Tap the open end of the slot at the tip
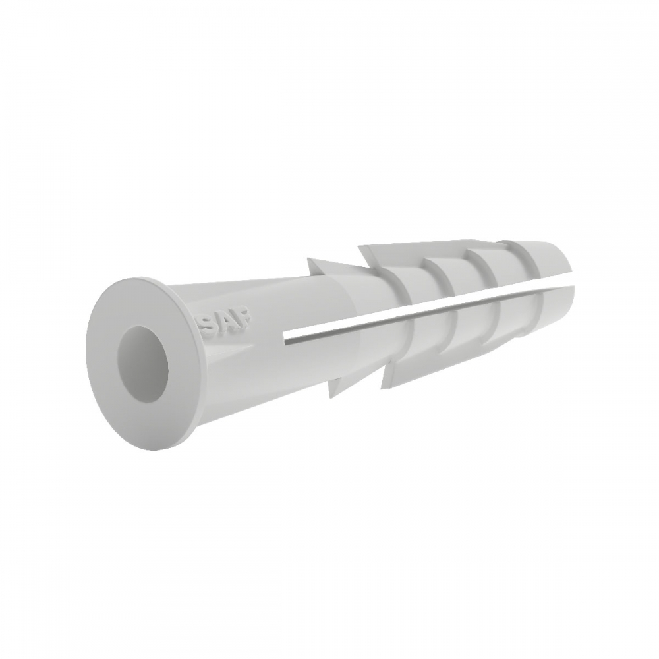[x=571, y=280]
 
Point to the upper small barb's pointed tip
[x=308, y=258]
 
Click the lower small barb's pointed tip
[x=330, y=397]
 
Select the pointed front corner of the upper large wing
[x=358, y=246]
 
